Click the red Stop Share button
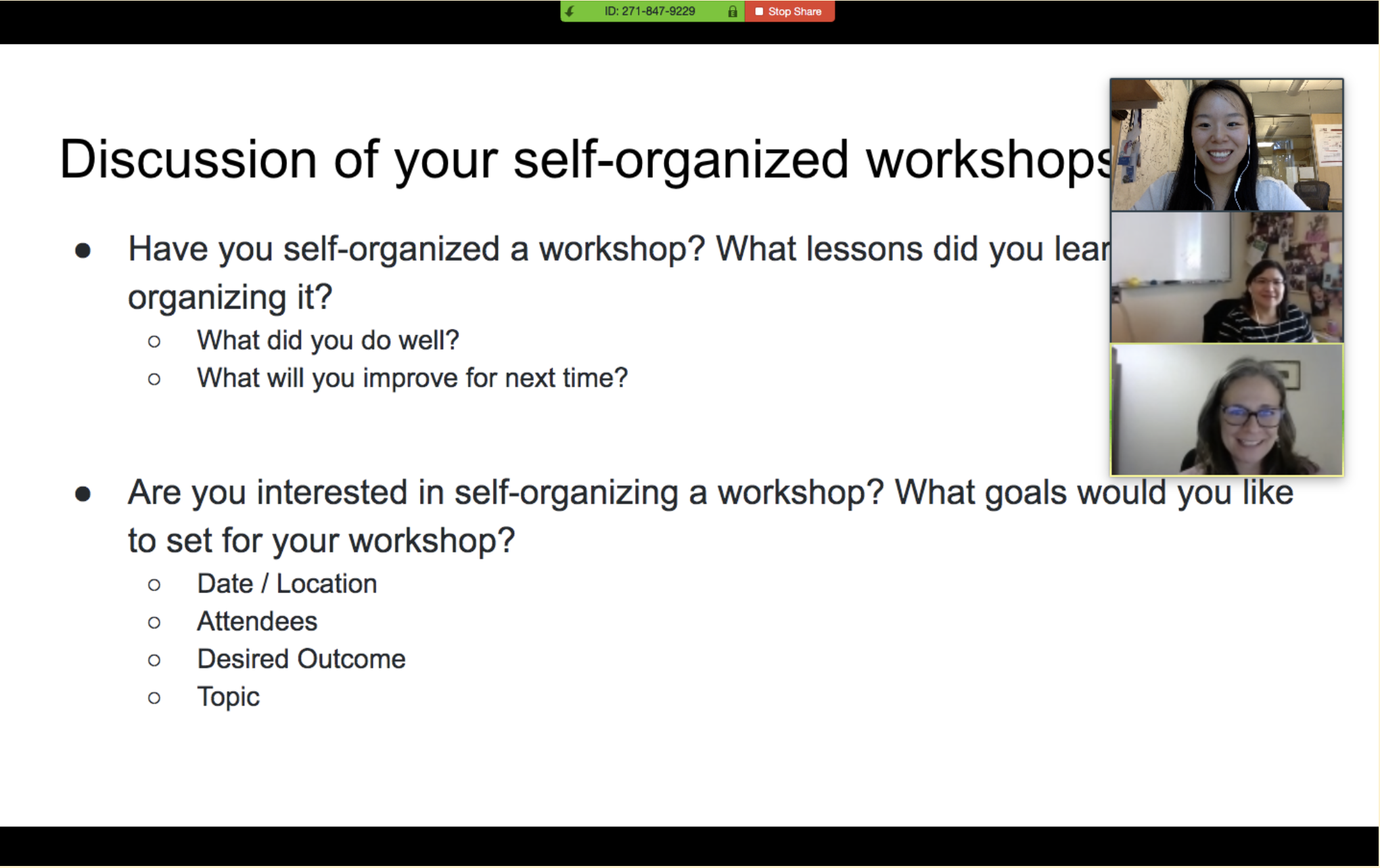789,12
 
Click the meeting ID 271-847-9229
649,12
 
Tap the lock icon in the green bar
732,12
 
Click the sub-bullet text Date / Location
287,584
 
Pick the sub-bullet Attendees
257,622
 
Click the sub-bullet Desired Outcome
301,659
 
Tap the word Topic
228,697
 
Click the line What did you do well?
328,341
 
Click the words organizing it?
230,297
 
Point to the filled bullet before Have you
83,251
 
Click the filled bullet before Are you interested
83,494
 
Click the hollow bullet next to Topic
154,698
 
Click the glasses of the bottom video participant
1251,414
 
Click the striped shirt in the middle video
1251,328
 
